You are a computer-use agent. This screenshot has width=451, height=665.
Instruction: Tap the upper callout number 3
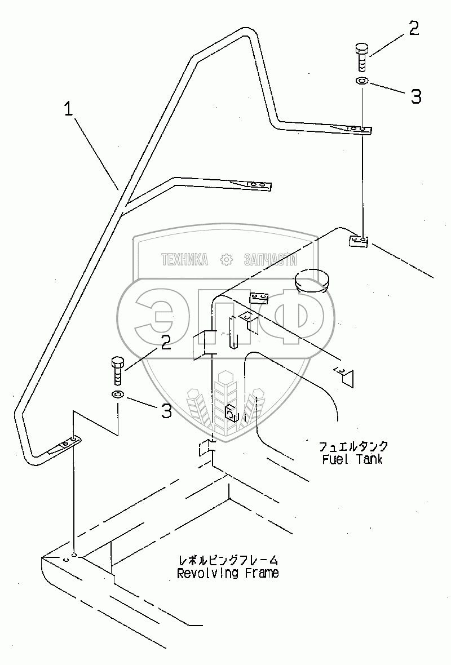tap(415, 96)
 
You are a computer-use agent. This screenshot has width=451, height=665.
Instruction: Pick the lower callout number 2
tap(166, 342)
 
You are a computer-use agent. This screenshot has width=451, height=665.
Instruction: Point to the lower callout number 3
tap(166, 411)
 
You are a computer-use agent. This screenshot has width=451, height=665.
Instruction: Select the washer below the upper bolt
tap(362, 82)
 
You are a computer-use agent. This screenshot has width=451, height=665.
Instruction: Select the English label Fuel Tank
tap(352, 459)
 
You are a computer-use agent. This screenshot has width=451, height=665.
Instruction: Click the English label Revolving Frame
tap(227, 574)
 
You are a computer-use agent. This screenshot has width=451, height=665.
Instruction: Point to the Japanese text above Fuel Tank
tap(353, 447)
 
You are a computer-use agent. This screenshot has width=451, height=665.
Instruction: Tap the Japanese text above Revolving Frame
tap(227, 561)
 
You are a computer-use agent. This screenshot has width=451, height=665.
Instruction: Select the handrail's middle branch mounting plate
tap(256, 185)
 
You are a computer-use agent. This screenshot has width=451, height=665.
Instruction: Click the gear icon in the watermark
tap(226, 259)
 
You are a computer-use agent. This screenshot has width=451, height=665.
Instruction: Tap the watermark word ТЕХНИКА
tap(184, 259)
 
